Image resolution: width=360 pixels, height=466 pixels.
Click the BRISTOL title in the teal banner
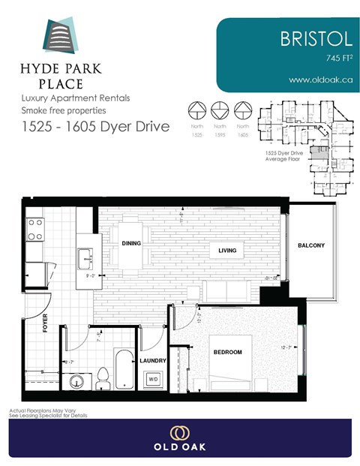click(x=307, y=38)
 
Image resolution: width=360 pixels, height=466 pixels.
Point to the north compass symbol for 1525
click(x=196, y=110)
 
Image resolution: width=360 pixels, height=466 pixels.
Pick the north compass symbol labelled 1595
click(x=220, y=110)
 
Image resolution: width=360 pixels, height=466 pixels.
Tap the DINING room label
click(x=132, y=242)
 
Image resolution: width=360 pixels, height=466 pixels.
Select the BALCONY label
click(x=311, y=245)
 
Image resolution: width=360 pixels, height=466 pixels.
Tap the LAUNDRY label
click(x=153, y=361)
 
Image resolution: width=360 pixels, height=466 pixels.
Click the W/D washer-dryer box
click(x=153, y=379)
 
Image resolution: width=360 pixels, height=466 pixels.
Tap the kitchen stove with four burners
click(x=35, y=229)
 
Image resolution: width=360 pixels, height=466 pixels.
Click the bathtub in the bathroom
click(x=124, y=368)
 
